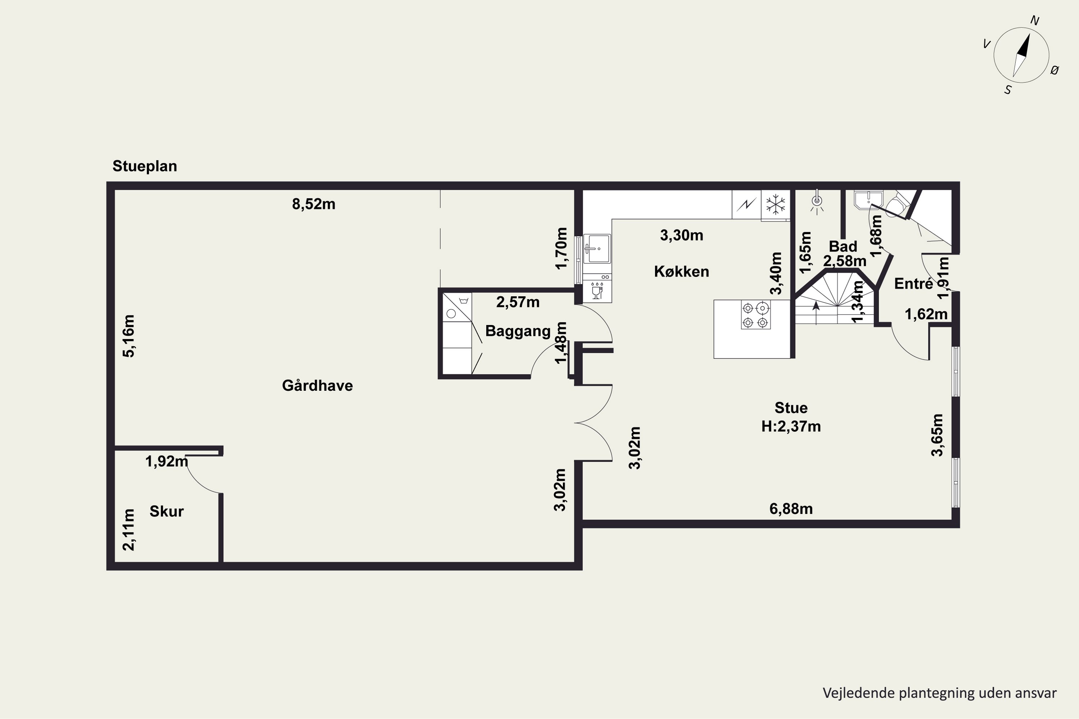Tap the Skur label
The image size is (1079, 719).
click(x=167, y=511)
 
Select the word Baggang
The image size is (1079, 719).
click(x=518, y=331)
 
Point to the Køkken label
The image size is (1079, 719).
click(x=681, y=271)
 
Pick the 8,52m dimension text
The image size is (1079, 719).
click(x=314, y=204)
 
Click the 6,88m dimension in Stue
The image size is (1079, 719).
click(x=791, y=509)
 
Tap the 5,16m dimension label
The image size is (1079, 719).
click(x=129, y=336)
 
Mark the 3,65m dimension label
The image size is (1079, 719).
click(x=937, y=435)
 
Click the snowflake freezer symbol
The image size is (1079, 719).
click(x=776, y=204)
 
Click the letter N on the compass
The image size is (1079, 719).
click(x=1034, y=20)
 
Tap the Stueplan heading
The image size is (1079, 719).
click(x=145, y=166)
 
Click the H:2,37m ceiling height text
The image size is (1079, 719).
click(x=791, y=426)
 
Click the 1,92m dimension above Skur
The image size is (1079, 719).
click(x=167, y=461)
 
